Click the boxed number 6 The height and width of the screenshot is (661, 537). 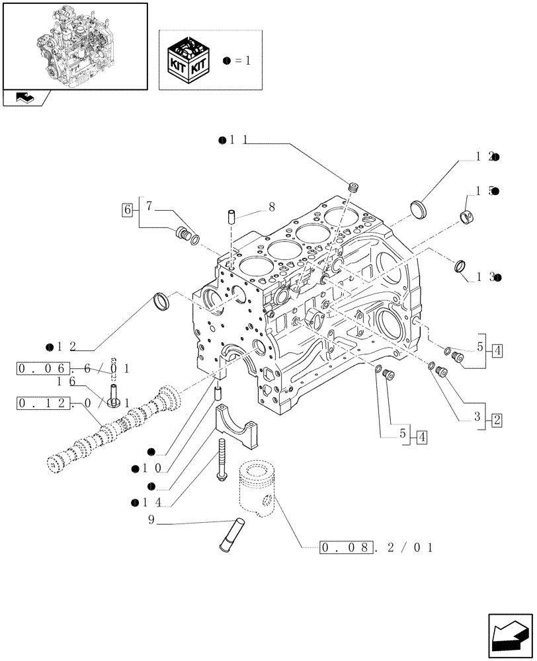coord(126,210)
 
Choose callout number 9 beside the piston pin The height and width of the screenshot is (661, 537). coord(151,520)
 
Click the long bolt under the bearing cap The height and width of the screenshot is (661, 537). coord(220,459)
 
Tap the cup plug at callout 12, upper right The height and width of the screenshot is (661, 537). coord(419,207)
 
